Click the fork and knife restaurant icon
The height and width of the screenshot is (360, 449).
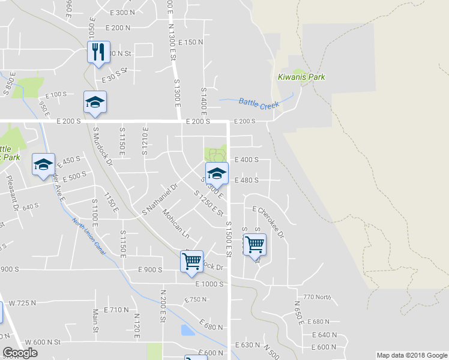(x=97, y=52)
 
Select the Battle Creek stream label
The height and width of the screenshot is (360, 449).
(x=259, y=104)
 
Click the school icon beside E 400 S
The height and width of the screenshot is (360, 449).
(x=217, y=173)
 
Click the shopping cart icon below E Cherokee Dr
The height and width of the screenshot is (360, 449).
(x=255, y=244)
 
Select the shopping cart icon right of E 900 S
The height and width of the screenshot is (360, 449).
(x=191, y=261)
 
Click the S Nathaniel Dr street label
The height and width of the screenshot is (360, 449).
(x=160, y=200)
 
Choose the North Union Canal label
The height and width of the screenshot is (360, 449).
(x=89, y=238)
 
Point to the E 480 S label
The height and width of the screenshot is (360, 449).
(x=246, y=180)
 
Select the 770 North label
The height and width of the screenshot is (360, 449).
(x=317, y=297)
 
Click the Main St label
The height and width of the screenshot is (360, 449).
(x=95, y=321)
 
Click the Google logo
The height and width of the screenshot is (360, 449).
(x=20, y=353)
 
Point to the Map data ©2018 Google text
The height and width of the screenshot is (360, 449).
(x=411, y=355)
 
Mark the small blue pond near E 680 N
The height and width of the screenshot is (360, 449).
(x=187, y=330)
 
